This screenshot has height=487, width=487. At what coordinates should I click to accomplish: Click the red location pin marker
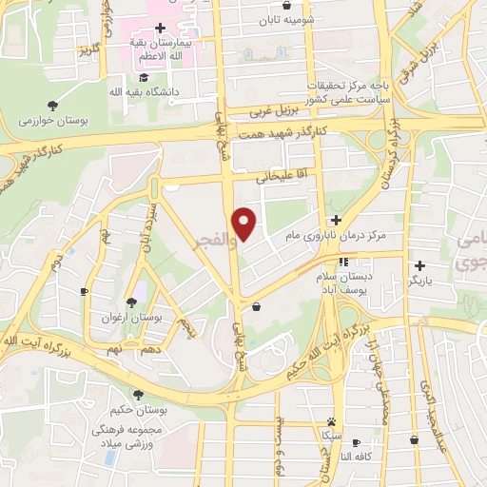(x=244, y=224)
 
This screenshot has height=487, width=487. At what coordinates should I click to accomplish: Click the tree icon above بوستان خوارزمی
(x=50, y=106)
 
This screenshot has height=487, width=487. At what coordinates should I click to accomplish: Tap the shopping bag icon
(x=258, y=306)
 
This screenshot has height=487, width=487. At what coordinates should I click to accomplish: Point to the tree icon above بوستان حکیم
(x=139, y=395)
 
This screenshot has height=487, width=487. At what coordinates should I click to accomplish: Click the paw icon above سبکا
(x=330, y=420)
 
